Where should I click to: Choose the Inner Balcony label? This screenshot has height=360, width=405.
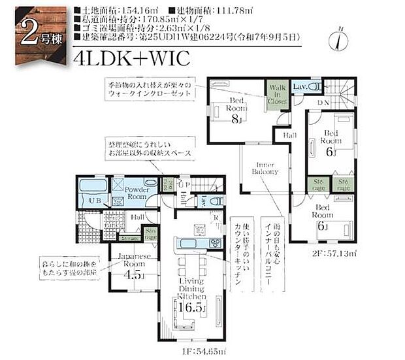(265, 167)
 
